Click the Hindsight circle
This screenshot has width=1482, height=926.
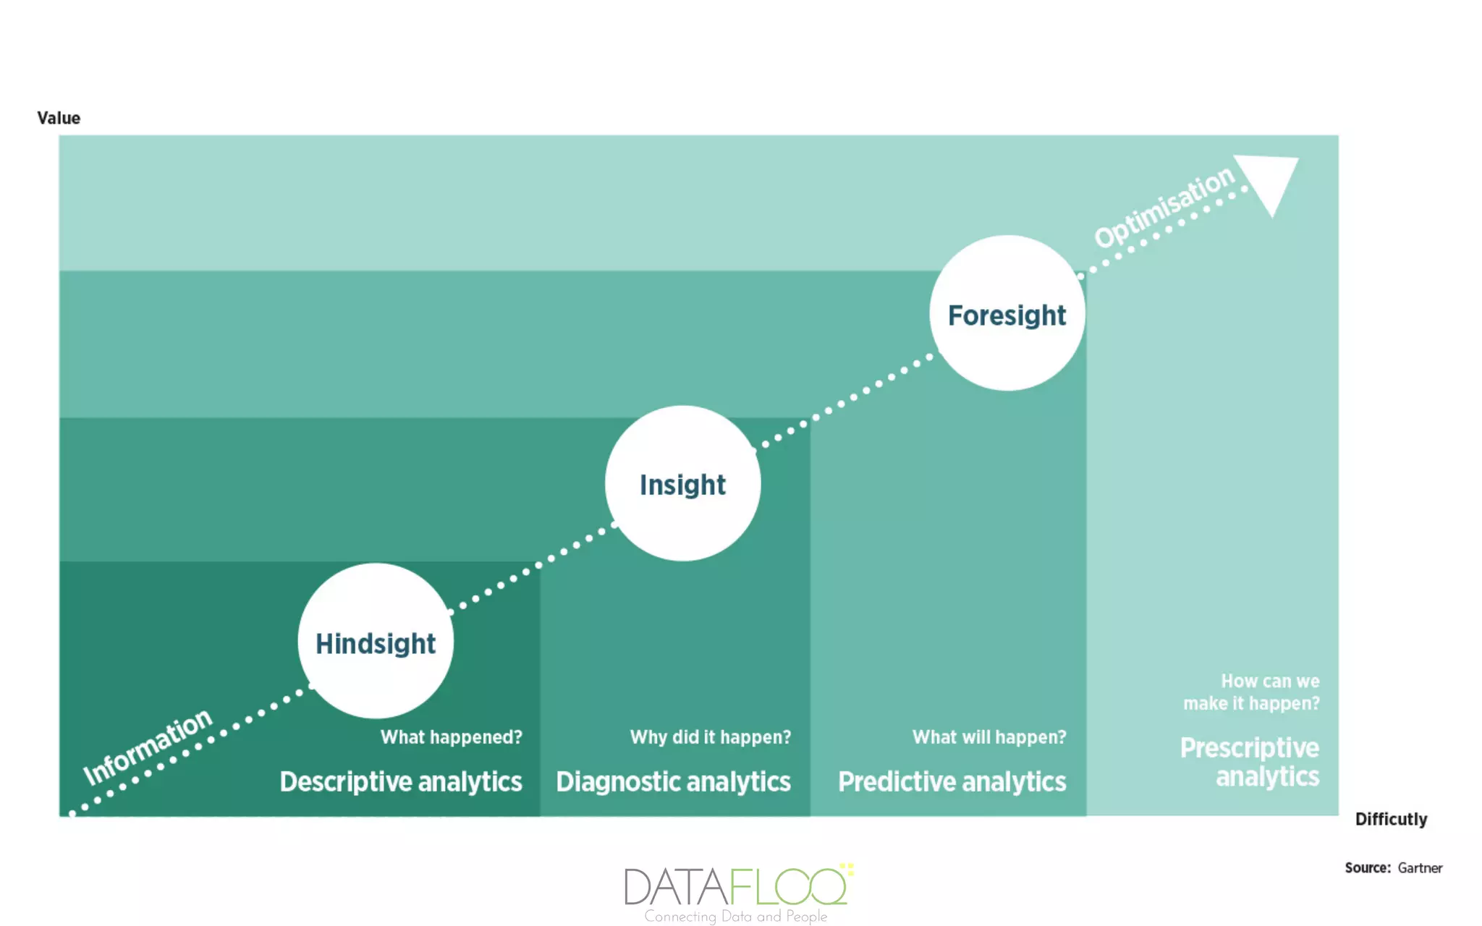(x=376, y=642)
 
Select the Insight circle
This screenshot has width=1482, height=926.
(x=682, y=483)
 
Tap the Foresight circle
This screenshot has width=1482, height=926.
(x=1007, y=313)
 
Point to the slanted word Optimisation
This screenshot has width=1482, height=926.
(x=1164, y=208)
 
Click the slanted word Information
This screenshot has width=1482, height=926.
(x=148, y=747)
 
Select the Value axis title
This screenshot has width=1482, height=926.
(x=59, y=118)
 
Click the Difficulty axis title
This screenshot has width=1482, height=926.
(x=1391, y=819)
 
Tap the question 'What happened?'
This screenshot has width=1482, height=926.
(x=451, y=737)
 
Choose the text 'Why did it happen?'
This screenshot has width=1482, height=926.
(x=710, y=737)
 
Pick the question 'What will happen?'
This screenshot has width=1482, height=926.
(x=988, y=737)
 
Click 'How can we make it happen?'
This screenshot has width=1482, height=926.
(x=1251, y=692)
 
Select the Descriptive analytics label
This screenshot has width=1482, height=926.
(x=401, y=782)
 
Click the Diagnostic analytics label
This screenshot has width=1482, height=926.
(x=673, y=782)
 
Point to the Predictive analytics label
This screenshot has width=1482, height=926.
(x=952, y=782)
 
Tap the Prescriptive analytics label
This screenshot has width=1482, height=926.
(x=1250, y=762)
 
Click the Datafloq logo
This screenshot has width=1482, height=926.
(x=737, y=885)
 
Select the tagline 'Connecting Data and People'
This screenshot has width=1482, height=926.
(x=735, y=917)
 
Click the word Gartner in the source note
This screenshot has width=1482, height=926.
(x=1420, y=868)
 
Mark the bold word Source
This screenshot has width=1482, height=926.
(x=1367, y=868)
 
